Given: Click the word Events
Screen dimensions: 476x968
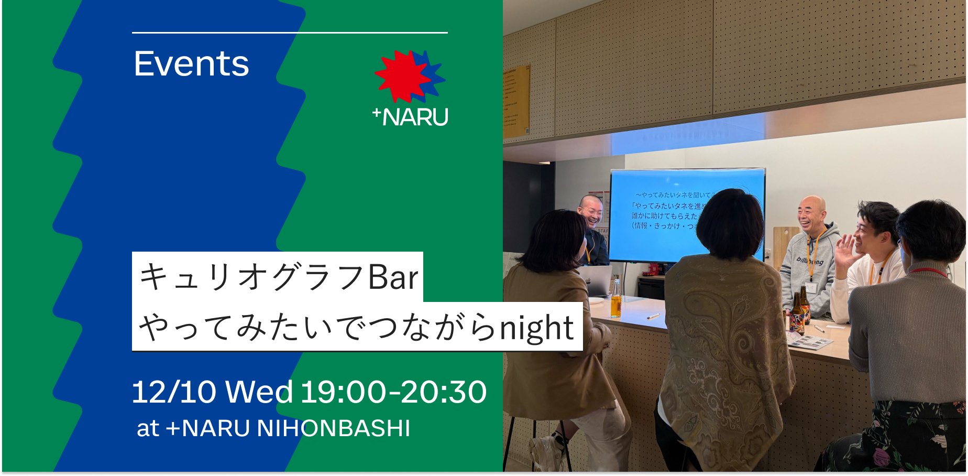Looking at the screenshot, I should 191,64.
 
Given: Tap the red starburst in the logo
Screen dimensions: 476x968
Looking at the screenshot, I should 401,76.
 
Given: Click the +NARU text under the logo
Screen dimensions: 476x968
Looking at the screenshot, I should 411,116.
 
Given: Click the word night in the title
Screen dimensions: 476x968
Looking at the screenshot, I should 536,328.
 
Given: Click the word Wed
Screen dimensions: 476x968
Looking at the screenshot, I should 259,392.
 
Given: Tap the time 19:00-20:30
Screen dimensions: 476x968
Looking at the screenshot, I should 393,392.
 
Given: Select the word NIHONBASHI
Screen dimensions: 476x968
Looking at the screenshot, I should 333,428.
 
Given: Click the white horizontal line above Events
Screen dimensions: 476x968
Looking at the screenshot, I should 290,33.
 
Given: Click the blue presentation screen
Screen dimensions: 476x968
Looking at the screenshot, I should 665,215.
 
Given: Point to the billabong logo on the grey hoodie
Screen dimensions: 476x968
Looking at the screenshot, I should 810,261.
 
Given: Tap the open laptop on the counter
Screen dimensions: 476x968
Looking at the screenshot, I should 597,280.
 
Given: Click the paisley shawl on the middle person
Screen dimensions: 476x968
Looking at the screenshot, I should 725,341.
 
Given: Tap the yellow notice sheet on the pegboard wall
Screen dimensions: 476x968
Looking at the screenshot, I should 515,100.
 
